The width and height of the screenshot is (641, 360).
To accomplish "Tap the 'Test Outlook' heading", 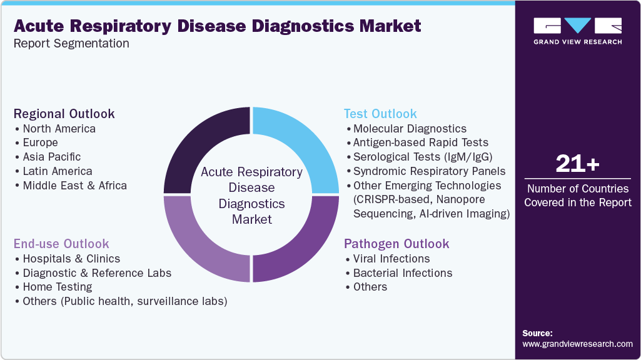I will (x=380, y=114).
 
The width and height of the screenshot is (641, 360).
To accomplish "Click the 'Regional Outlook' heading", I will (x=64, y=114).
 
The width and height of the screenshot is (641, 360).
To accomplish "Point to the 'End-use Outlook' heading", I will (x=61, y=244).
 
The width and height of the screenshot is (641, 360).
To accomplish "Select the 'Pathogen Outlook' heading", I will (x=396, y=244).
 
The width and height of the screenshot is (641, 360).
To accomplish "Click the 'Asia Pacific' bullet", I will (x=51, y=157).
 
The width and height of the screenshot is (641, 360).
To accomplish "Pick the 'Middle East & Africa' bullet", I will (x=74, y=186).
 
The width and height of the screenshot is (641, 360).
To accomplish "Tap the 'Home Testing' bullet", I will (x=57, y=287).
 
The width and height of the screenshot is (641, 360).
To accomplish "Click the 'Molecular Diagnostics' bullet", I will (x=410, y=129).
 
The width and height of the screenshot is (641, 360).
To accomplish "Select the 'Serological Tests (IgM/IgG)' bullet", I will (x=422, y=157).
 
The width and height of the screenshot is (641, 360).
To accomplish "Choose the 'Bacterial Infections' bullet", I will (x=402, y=273).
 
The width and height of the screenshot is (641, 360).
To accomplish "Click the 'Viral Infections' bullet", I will (x=391, y=259).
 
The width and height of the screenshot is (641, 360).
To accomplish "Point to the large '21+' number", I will (x=577, y=164).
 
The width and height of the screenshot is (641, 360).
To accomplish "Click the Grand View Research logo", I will (x=577, y=31).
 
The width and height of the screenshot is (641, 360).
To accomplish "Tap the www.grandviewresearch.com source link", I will (x=577, y=344).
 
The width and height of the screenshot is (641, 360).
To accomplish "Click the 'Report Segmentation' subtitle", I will (x=71, y=43).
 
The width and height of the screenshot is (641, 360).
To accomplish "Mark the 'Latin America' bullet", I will (x=57, y=171).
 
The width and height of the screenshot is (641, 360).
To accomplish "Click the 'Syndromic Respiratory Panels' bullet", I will (x=429, y=171).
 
